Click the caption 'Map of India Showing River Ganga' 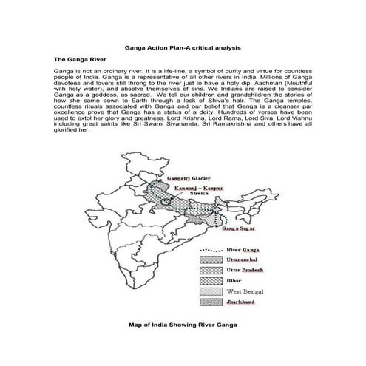[x=182, y=324]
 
